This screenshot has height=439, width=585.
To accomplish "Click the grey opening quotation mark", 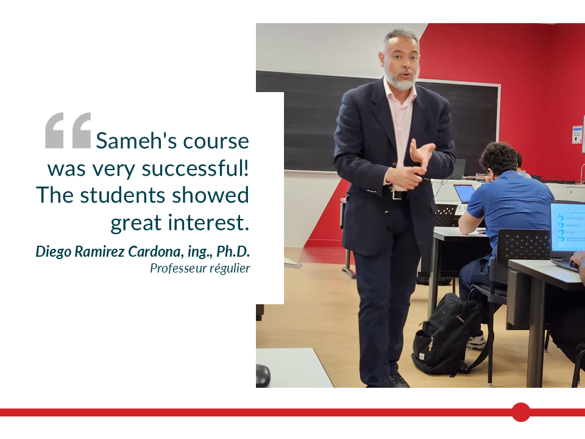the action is [68, 130].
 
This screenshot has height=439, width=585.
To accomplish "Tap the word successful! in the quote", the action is [195, 168].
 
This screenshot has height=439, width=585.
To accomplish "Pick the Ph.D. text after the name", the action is [233, 251].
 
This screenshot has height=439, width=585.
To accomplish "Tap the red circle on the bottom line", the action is [521, 412].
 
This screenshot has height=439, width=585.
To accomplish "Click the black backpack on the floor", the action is [446, 334].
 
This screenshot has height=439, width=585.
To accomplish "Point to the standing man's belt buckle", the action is [395, 195].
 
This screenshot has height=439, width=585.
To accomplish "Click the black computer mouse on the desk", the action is [263, 374].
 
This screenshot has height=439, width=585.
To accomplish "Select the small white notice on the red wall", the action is [577, 134].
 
